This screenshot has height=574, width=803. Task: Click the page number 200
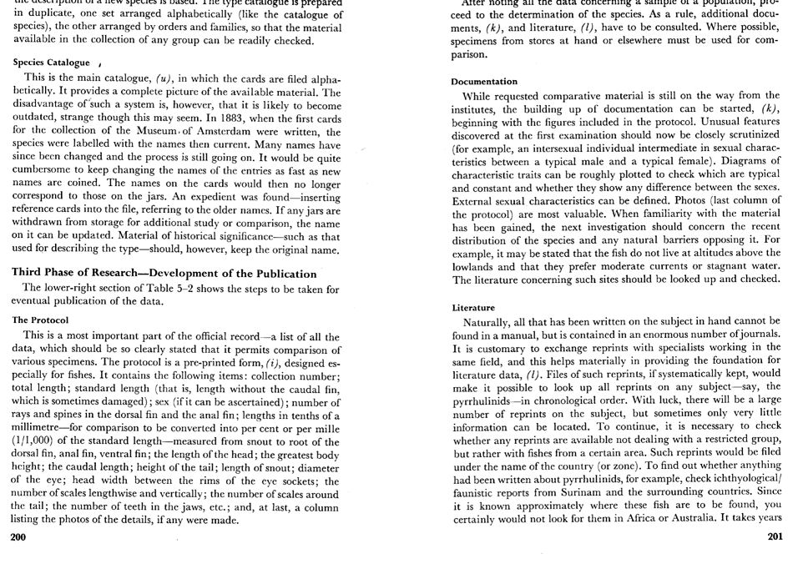click(18, 536)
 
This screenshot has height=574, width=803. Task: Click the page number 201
click(775, 536)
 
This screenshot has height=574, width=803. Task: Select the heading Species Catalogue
click(51, 63)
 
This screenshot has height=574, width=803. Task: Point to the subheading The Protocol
click(40, 320)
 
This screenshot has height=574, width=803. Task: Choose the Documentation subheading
click(484, 82)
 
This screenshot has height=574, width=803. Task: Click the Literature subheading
click(473, 308)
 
